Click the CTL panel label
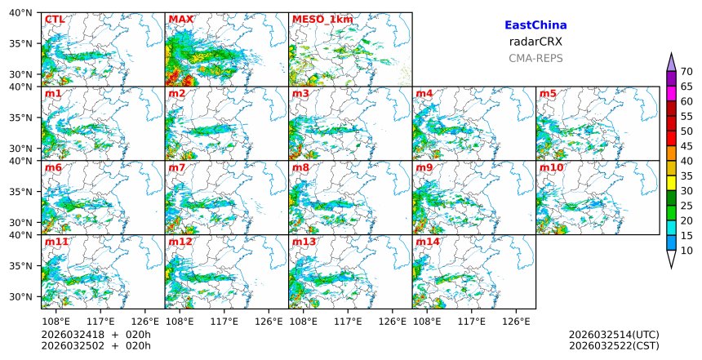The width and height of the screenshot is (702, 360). (x=54, y=19)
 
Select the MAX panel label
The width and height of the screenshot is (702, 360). (x=180, y=19)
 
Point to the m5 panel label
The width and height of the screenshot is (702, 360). (x=548, y=94)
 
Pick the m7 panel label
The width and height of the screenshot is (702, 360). (x=177, y=167)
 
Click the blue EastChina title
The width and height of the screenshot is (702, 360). (x=535, y=26)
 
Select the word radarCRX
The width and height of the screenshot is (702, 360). (x=535, y=42)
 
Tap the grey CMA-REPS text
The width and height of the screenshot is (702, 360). (x=535, y=59)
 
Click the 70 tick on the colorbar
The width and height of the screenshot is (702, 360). (x=686, y=72)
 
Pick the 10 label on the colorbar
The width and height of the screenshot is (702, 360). (x=686, y=251)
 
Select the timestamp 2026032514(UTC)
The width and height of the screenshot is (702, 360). (x=614, y=335)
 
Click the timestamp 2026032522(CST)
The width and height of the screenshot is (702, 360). (x=614, y=346)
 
